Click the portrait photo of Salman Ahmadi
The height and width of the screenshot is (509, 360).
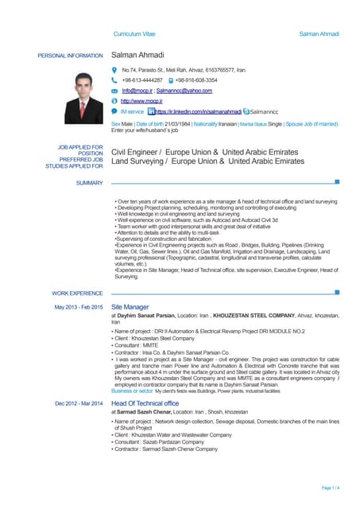[81, 90]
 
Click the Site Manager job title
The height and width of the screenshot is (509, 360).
[130, 306]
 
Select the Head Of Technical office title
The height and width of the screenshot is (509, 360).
[150, 403]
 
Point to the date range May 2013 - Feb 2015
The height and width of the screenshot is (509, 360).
[78, 307]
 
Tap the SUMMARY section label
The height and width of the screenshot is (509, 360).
[90, 184]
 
